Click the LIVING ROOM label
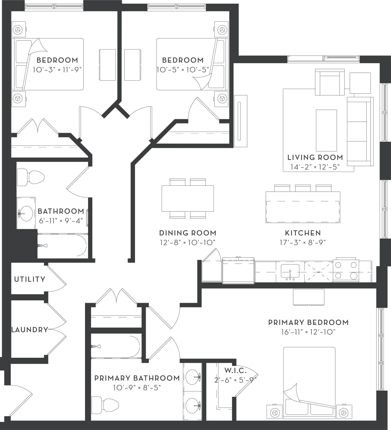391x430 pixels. [315, 157]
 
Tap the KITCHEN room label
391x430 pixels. [303, 233]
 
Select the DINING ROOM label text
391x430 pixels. [187, 233]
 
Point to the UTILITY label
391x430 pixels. [30, 279]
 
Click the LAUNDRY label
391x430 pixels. [30, 330]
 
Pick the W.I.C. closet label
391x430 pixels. [235, 371]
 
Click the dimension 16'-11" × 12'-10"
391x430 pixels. [308, 332]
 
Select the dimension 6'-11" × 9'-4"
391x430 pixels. [60, 221]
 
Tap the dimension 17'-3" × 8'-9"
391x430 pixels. [303, 242]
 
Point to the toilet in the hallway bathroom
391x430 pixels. [31, 177]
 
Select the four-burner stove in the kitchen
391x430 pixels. [346, 270]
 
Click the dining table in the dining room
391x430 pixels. [187, 198]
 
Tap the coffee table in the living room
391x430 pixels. [326, 130]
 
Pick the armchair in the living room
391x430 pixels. [330, 82]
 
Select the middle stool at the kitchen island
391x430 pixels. [303, 188]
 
